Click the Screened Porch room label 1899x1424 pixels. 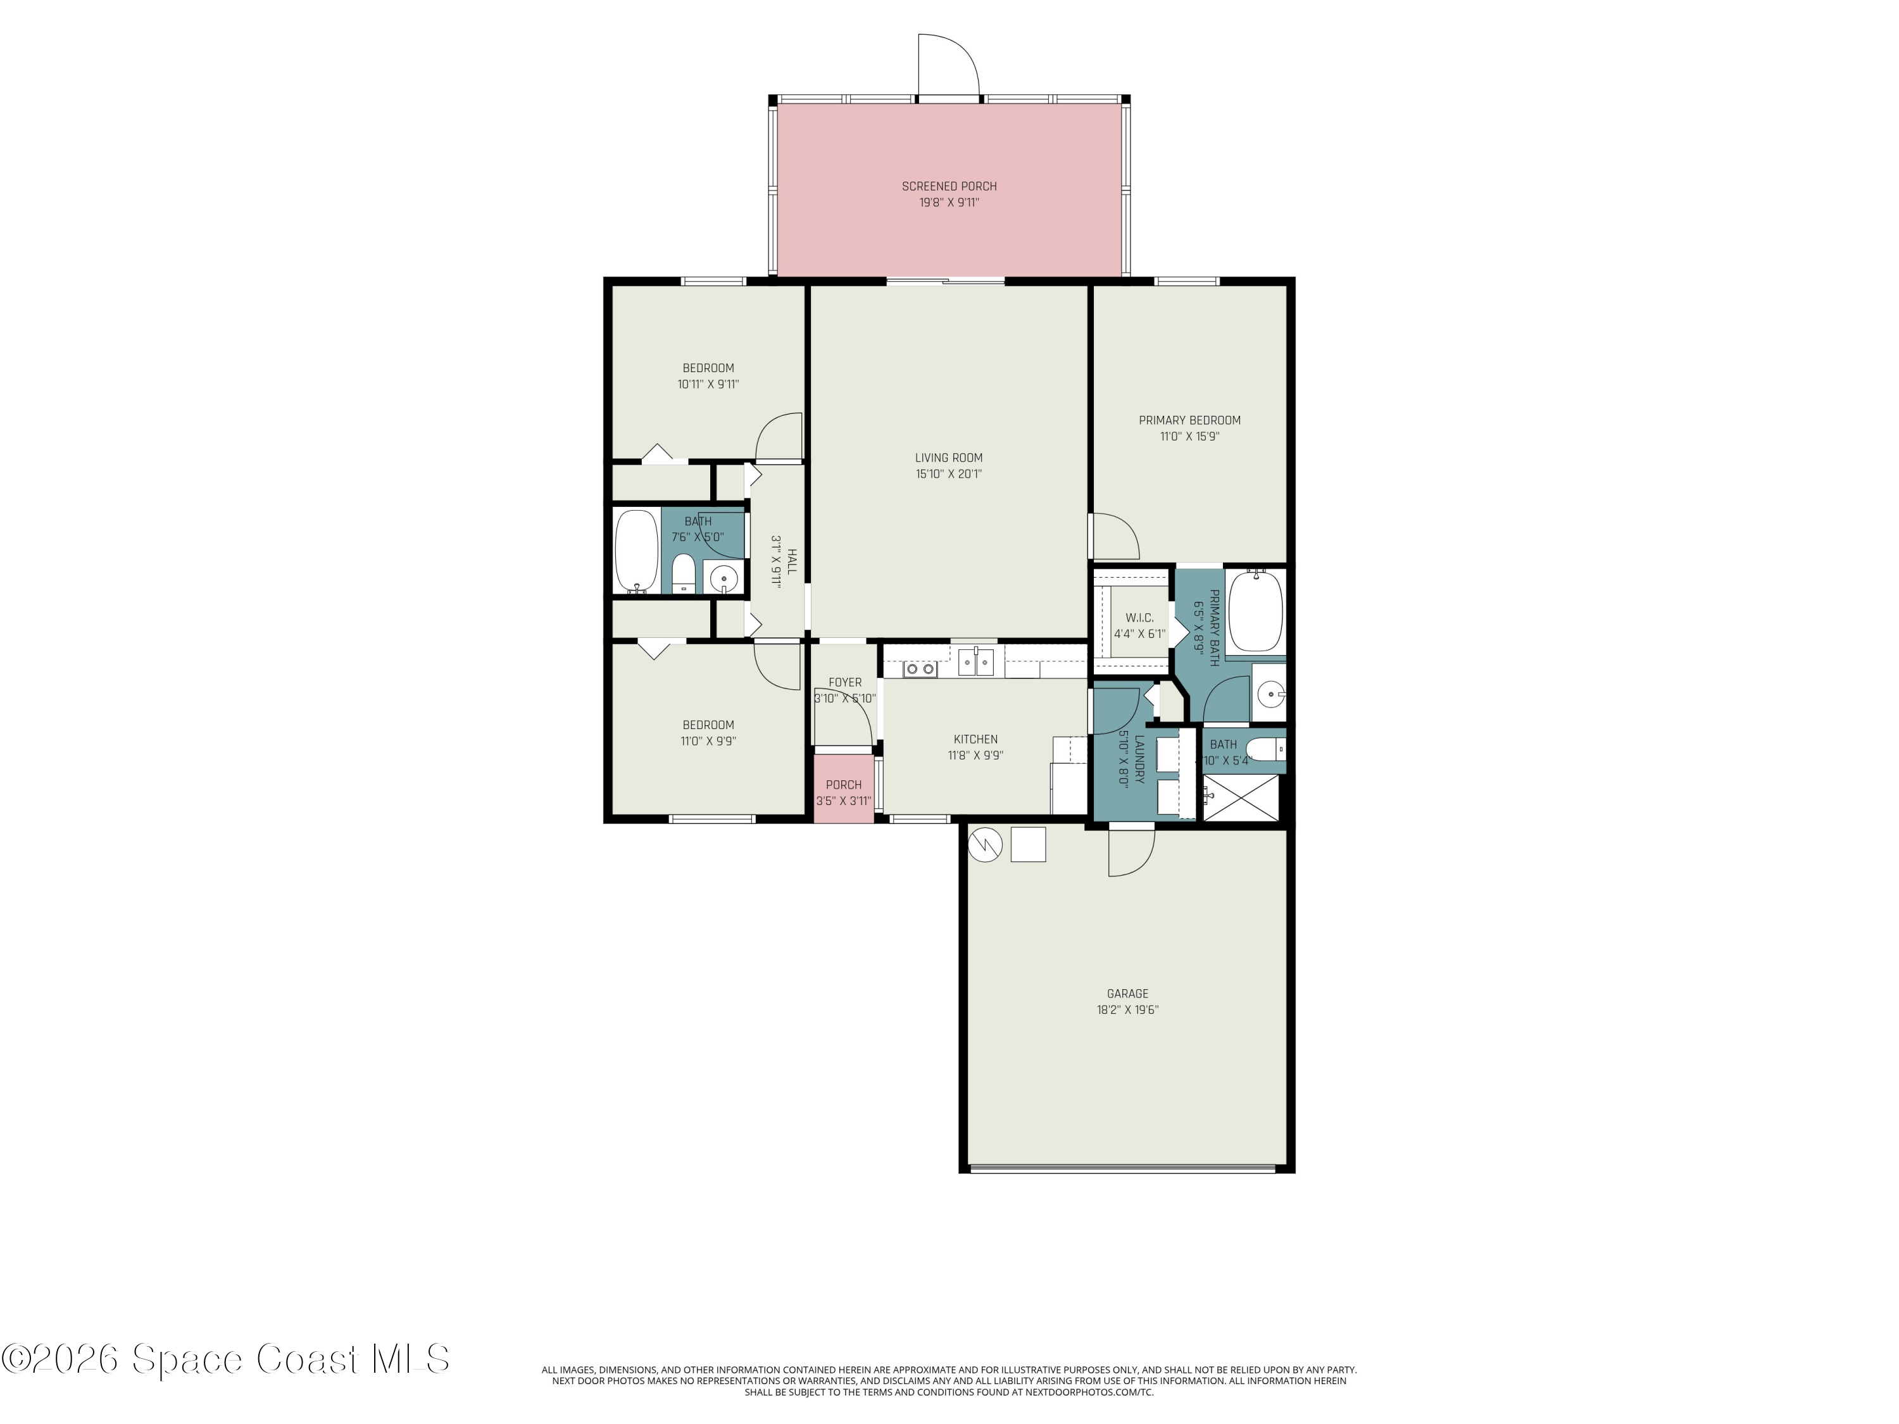(x=949, y=186)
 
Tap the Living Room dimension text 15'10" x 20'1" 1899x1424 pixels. (x=949, y=474)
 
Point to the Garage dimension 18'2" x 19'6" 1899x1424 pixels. (x=1127, y=1010)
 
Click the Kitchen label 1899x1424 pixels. (x=975, y=739)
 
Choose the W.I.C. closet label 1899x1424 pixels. (x=1139, y=618)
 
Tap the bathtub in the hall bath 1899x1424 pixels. (x=636, y=551)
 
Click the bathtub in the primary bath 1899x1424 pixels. (x=1255, y=613)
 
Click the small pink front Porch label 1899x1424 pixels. (x=843, y=785)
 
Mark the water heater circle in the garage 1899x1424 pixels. (x=986, y=846)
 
